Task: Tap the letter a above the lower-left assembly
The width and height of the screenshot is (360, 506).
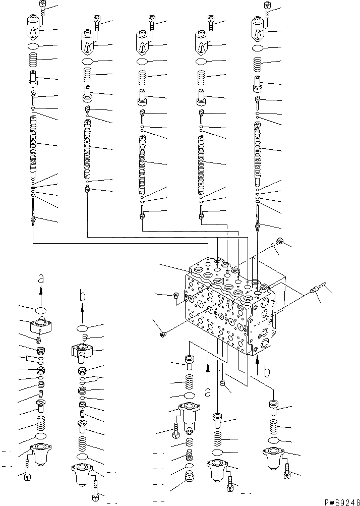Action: (41, 278)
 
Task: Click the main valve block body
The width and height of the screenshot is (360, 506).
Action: (227, 308)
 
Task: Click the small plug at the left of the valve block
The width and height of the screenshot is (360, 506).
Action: (162, 333)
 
